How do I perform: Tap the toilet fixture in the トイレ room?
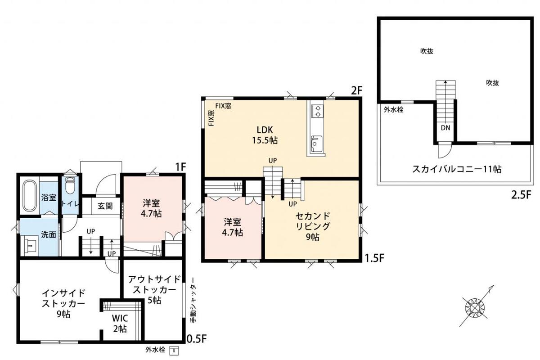click(70, 186)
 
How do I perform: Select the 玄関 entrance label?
click(105, 206)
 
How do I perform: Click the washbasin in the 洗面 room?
click(30, 245)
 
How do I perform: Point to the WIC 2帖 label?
click(120, 324)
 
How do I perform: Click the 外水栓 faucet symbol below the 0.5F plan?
click(174, 351)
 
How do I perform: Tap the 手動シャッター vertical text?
click(193, 300)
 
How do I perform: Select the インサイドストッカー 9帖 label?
click(63, 304)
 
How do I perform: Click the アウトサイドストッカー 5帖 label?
click(154, 289)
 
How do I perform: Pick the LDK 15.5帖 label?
click(265, 135)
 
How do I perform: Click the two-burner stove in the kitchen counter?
click(317, 111)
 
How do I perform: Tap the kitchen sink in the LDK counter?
click(316, 144)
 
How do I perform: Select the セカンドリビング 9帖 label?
click(312, 226)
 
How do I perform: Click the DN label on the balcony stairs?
click(445, 128)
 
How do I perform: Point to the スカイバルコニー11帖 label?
click(457, 169)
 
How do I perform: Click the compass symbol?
click(475, 308)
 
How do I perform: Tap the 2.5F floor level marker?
click(521, 195)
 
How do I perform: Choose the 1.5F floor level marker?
click(374, 258)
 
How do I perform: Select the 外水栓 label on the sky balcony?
click(393, 110)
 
